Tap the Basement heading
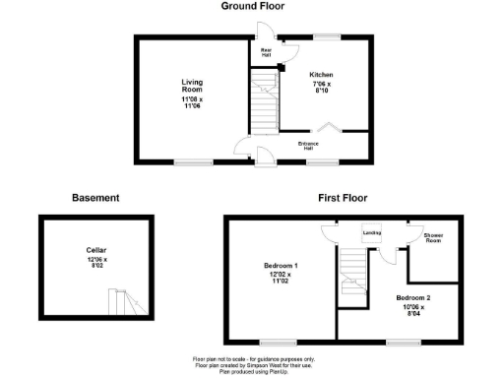click(95, 198)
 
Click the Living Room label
click(192, 86)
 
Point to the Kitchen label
click(322, 75)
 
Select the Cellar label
click(95, 251)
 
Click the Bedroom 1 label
click(282, 267)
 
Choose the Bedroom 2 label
click(413, 296)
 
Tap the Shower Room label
click(433, 239)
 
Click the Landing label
click(371, 232)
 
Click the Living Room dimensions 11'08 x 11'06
click(192, 102)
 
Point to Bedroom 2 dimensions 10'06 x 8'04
click(413, 310)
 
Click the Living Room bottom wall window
click(193, 161)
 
